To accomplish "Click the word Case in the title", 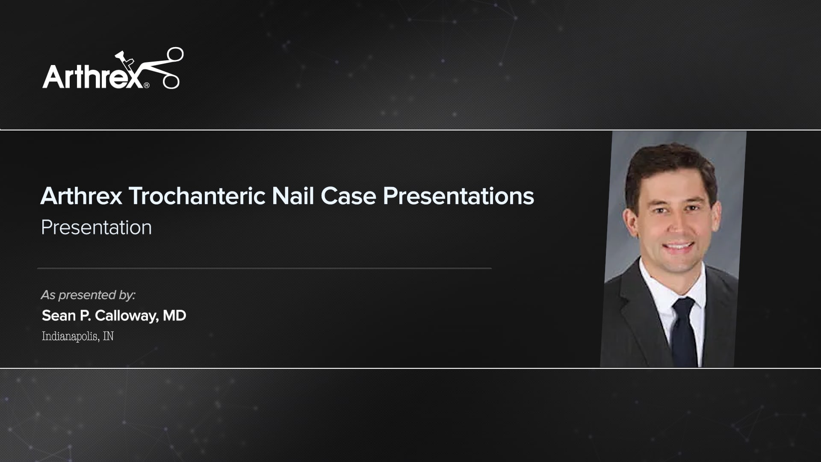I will pyautogui.click(x=348, y=196).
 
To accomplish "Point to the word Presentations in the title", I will pyautogui.click(x=458, y=196).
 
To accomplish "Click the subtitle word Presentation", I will pyautogui.click(x=96, y=228).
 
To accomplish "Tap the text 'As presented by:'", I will pyautogui.click(x=88, y=295).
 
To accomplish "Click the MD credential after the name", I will pyautogui.click(x=174, y=316).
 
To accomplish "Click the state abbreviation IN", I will pyautogui.click(x=109, y=336).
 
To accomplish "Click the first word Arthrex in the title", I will pyautogui.click(x=81, y=196).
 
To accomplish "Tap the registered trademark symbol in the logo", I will pyautogui.click(x=147, y=85).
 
